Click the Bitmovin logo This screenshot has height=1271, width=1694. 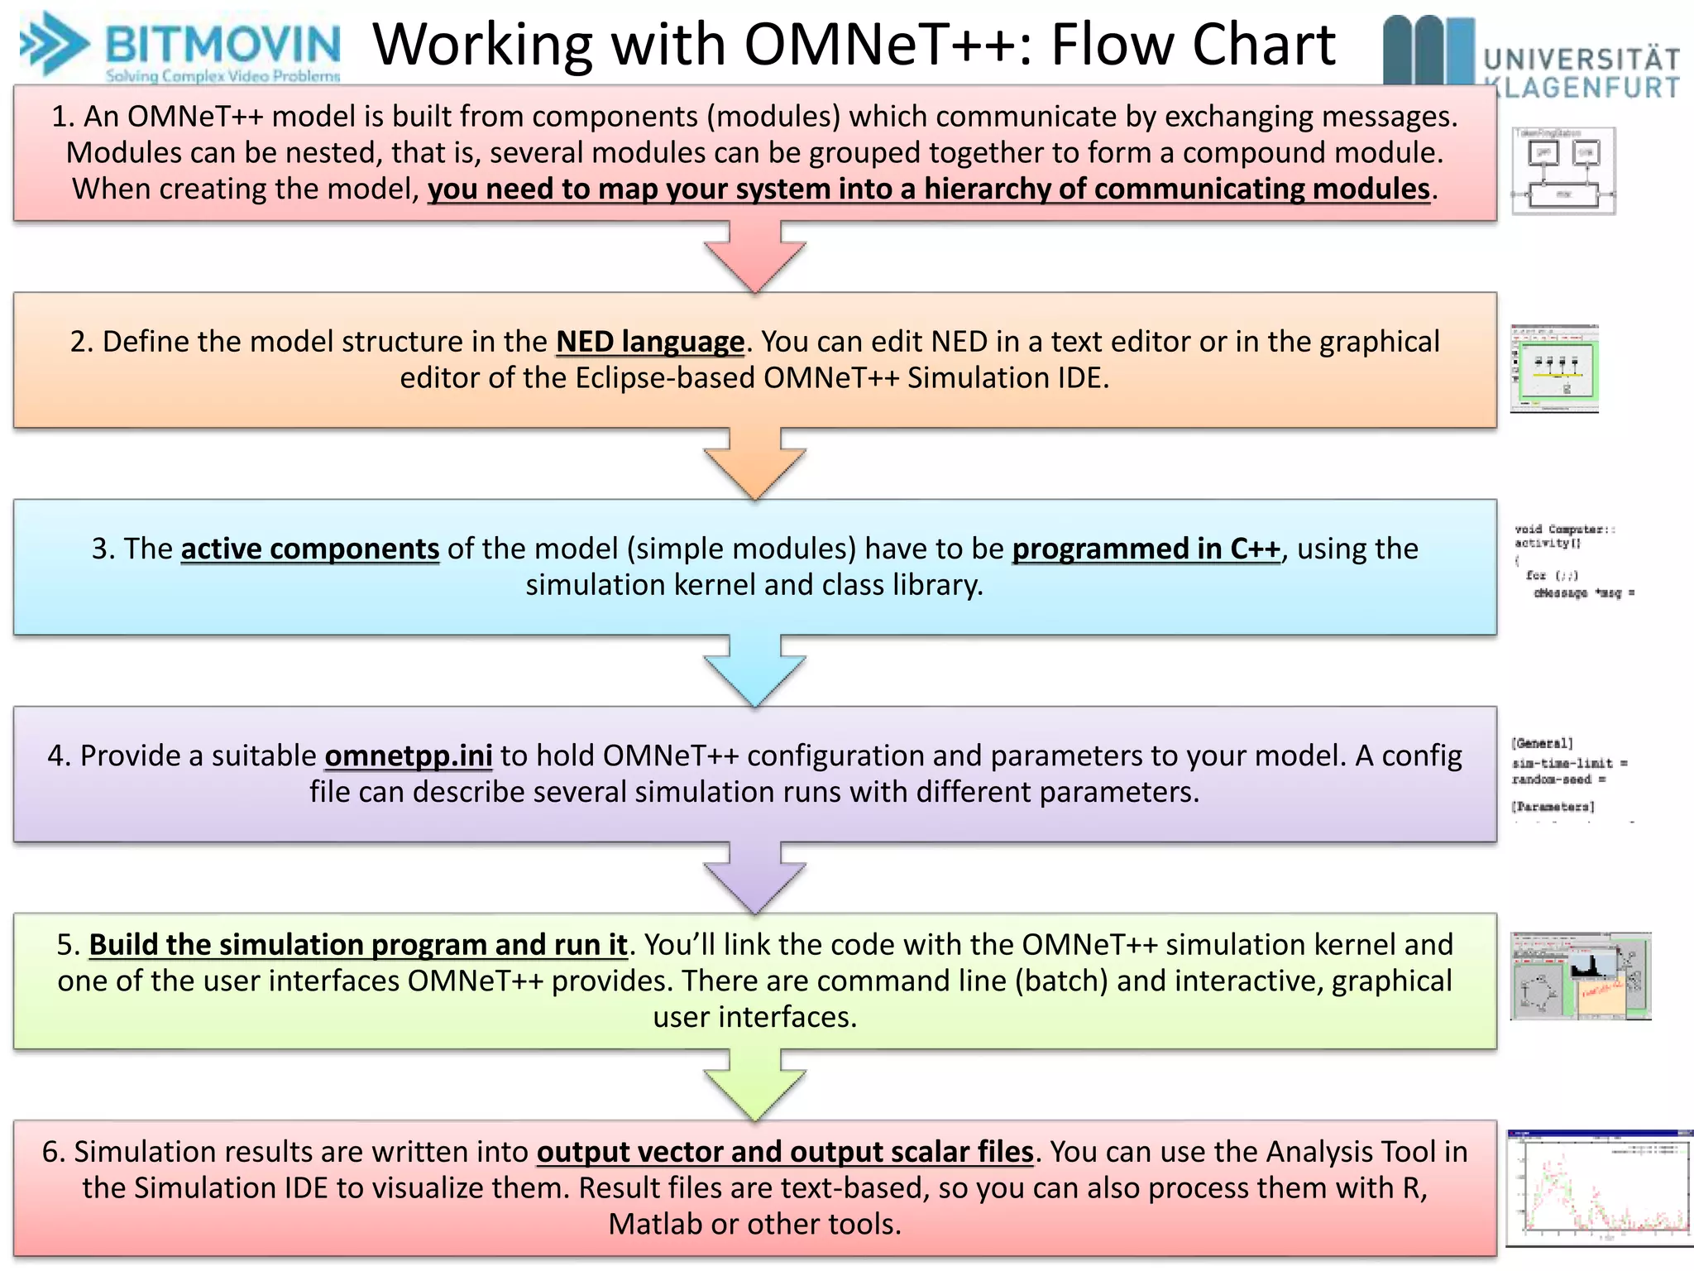(180, 48)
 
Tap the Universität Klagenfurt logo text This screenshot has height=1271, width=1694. (1580, 73)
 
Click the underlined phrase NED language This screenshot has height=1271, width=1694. (650, 342)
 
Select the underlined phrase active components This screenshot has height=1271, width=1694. (309, 549)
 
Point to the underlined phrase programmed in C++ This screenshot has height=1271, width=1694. (1146, 549)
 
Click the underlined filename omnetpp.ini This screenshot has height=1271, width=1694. (409, 755)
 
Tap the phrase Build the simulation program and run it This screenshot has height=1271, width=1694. (358, 944)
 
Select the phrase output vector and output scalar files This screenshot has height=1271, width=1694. (785, 1151)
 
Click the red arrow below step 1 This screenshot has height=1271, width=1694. (754, 257)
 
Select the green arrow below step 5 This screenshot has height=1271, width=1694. (754, 1085)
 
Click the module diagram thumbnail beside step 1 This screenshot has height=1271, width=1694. (1563, 171)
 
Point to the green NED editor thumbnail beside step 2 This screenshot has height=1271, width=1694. (1554, 369)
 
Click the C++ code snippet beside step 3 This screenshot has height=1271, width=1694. (1572, 560)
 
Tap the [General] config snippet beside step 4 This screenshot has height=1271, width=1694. (1567, 775)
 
